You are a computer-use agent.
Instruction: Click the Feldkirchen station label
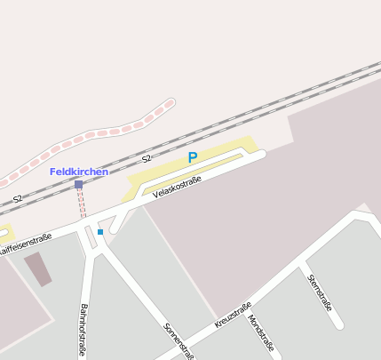click(79, 172)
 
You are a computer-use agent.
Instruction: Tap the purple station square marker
click(79, 184)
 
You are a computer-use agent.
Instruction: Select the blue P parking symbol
click(192, 158)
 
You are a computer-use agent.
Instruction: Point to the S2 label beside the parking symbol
click(147, 159)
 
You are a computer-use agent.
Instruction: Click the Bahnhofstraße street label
click(83, 330)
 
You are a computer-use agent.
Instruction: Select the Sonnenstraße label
click(179, 340)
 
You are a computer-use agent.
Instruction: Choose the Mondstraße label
click(261, 333)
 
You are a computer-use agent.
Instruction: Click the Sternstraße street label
click(319, 292)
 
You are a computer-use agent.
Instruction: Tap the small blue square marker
click(100, 232)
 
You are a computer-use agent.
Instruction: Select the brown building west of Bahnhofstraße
click(37, 268)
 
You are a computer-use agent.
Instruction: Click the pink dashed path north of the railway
click(107, 132)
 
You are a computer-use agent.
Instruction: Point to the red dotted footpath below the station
click(83, 203)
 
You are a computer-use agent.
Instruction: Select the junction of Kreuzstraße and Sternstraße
click(301, 262)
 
